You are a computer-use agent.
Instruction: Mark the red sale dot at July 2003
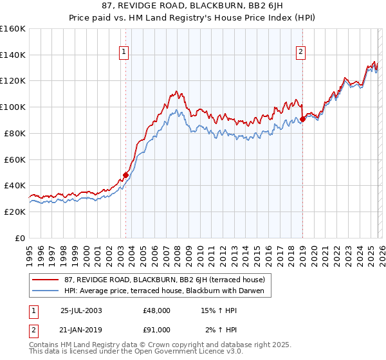click(125, 175)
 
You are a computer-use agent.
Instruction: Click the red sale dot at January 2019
click(302, 119)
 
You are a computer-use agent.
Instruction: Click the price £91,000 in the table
click(157, 330)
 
